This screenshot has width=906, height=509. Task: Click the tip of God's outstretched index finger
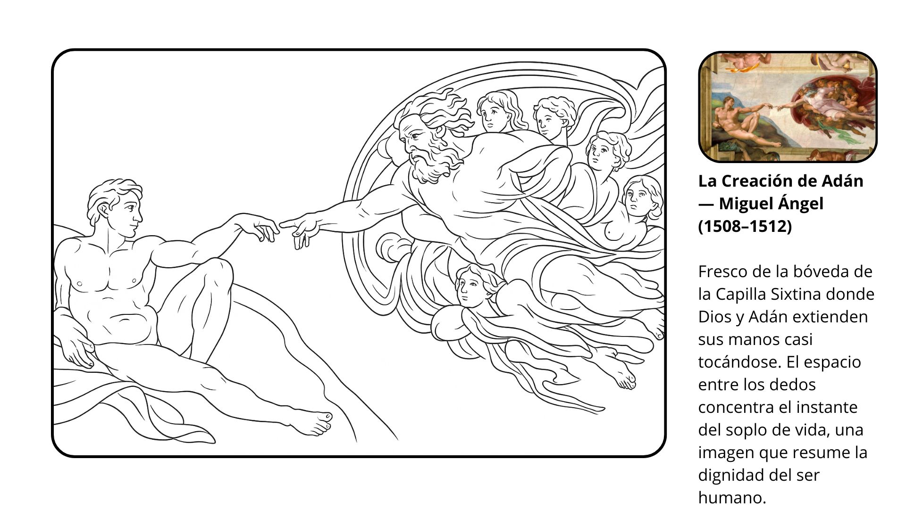click(x=281, y=225)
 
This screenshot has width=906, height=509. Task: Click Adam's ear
click(x=102, y=212)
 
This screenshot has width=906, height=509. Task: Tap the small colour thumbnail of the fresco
click(x=788, y=107)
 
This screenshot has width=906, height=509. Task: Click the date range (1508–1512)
click(x=745, y=226)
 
